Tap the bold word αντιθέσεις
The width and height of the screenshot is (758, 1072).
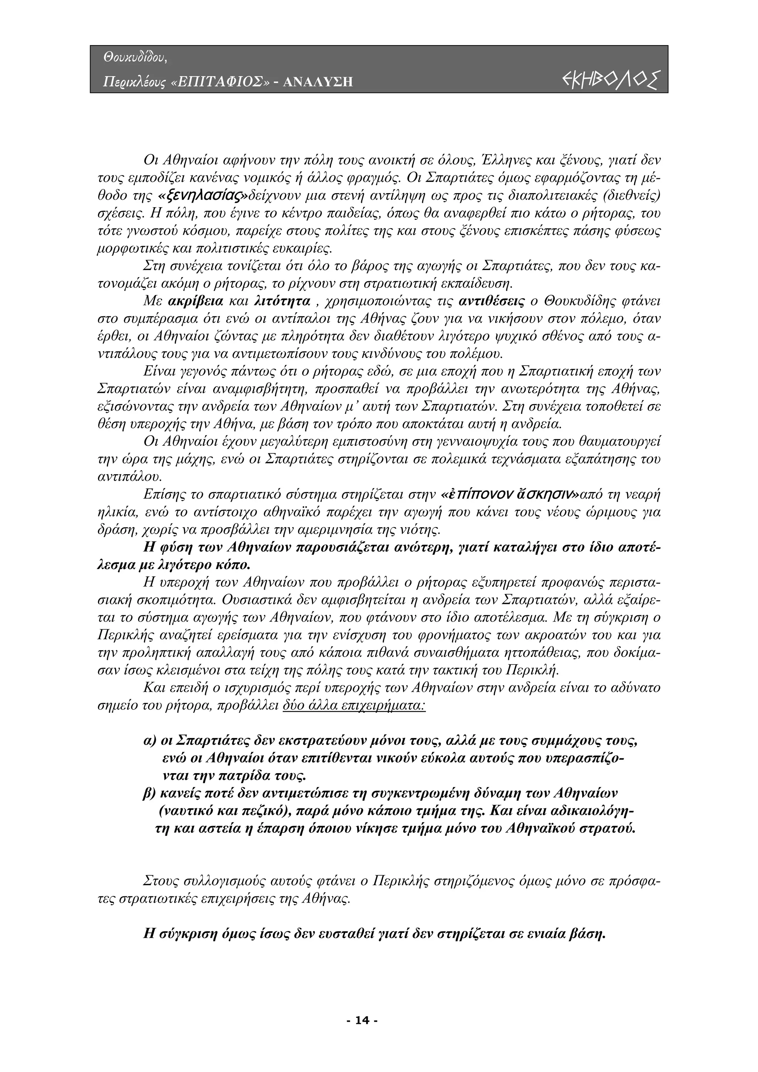click(x=491, y=301)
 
